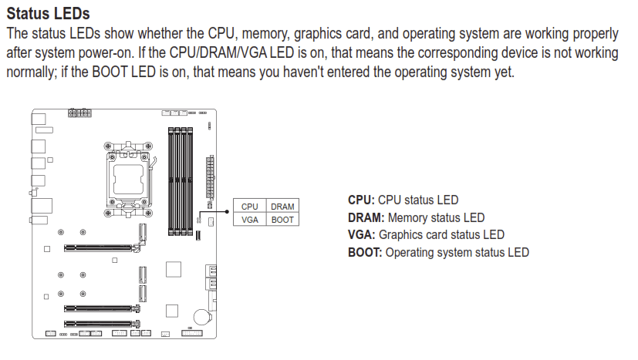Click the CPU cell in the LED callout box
(x=249, y=207)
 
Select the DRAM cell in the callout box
(x=282, y=207)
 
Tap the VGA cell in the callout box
(x=249, y=219)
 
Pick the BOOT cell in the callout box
(x=282, y=219)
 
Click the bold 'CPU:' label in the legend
(x=361, y=200)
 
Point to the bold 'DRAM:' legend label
(x=366, y=217)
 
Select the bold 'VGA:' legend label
(x=361, y=234)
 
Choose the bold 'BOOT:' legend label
(x=365, y=252)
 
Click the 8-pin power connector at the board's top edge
(x=79, y=113)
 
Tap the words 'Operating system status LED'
(x=457, y=252)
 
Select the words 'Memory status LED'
(x=436, y=217)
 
